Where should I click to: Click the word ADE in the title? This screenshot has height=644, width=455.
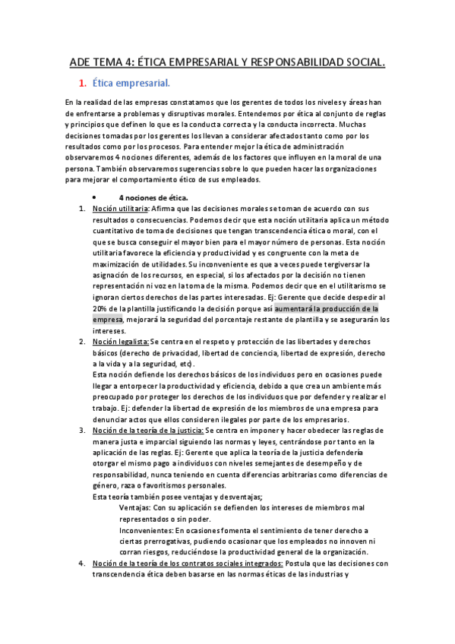pyautogui.click(x=81, y=62)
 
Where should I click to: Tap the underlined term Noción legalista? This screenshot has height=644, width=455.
pyautogui.click(x=121, y=342)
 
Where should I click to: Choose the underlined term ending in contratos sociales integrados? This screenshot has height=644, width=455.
pyautogui.click(x=188, y=563)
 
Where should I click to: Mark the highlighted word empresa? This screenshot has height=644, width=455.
pyautogui.click(x=106, y=320)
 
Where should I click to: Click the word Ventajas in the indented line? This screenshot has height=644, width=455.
pyautogui.click(x=134, y=507)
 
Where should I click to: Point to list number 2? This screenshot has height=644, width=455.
pyautogui.click(x=82, y=342)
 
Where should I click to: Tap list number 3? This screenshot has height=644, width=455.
pyautogui.click(x=82, y=431)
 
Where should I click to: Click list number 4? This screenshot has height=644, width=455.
pyautogui.click(x=82, y=563)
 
